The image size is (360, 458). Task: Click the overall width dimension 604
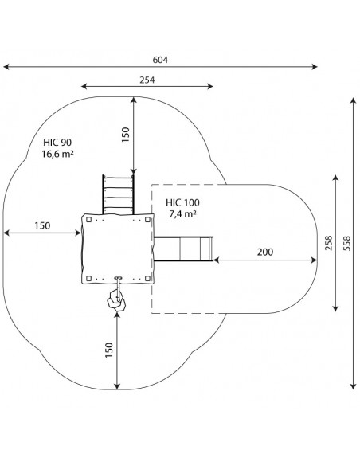[x=160, y=60]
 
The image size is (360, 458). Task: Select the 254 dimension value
[x=147, y=80]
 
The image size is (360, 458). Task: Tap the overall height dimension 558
[x=347, y=243]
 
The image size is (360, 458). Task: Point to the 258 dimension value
[x=329, y=243]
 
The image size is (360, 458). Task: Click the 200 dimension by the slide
[x=265, y=252]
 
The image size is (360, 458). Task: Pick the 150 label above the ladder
[x=126, y=135]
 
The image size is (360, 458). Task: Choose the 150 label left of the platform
[x=42, y=225]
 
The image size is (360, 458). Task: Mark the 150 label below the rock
[x=109, y=350]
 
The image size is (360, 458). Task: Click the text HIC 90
[x=57, y=143]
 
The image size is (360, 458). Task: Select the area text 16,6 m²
[x=57, y=154]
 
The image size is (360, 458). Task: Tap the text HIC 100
[x=182, y=202]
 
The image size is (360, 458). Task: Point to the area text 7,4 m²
[x=182, y=213]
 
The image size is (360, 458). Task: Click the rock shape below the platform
[x=116, y=300]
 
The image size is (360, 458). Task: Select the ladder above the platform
[x=118, y=194]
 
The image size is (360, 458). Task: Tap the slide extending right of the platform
[x=183, y=249]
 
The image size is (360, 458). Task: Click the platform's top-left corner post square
[x=89, y=220]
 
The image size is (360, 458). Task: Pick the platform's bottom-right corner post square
[x=147, y=278]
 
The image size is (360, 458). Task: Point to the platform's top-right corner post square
[x=147, y=220]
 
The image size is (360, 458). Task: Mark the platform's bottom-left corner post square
[x=89, y=278]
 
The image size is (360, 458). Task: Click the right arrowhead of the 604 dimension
[x=315, y=67]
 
